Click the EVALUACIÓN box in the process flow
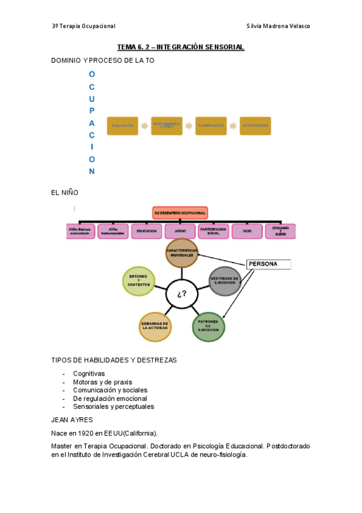tap(122, 126)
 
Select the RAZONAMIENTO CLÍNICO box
tap(166, 126)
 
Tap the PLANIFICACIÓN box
tap(211, 126)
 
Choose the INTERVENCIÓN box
tap(255, 126)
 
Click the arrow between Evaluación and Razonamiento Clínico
tap(144, 126)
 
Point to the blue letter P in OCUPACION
tap(92, 111)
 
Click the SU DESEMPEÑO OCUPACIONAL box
tap(180, 213)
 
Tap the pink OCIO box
tap(247, 231)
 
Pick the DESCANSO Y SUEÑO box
tap(280, 231)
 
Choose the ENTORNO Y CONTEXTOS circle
tap(138, 281)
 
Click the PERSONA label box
tap(268, 264)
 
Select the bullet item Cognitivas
tap(89, 374)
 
